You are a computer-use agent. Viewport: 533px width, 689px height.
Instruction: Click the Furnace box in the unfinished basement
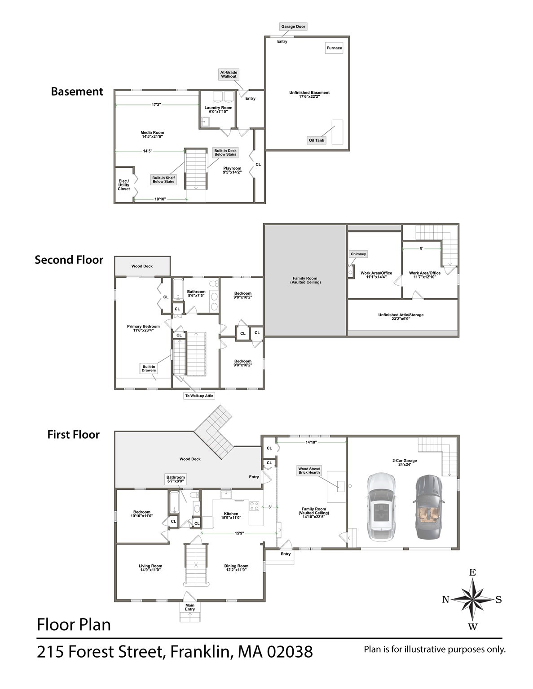(334, 48)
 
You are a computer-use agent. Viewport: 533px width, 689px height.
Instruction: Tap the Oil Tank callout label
(316, 140)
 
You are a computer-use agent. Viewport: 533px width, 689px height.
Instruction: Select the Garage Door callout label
(293, 27)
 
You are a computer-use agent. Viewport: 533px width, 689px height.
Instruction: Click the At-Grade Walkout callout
(229, 74)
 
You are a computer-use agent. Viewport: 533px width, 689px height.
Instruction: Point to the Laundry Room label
(218, 109)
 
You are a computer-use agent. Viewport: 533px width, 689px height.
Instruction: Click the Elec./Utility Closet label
(123, 185)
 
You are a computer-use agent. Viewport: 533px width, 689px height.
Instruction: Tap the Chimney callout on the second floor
(358, 254)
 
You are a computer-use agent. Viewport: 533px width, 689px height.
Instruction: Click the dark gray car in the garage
(428, 506)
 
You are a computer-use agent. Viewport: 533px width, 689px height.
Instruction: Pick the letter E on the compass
(472, 572)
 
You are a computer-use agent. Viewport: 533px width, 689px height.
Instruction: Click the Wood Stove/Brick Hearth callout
(309, 471)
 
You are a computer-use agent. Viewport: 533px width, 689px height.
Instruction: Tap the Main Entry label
(190, 607)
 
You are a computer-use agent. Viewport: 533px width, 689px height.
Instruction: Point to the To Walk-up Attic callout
(199, 396)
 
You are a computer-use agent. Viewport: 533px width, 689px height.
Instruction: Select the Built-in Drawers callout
(149, 369)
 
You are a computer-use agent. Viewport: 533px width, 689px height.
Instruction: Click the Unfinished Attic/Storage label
(401, 317)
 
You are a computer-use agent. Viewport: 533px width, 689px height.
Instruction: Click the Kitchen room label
(231, 515)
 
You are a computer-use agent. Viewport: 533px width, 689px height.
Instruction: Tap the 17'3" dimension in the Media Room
(156, 105)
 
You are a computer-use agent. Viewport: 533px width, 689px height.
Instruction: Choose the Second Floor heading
(69, 260)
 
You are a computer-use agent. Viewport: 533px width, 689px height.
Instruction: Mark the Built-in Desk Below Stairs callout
(225, 153)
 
